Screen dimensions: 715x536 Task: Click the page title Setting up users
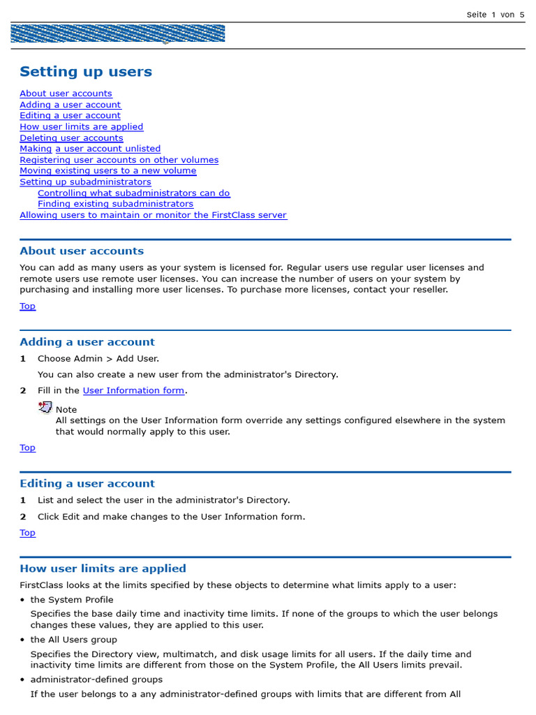pos(85,72)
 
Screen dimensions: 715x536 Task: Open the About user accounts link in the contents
pos(66,94)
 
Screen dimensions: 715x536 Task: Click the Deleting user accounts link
pos(71,138)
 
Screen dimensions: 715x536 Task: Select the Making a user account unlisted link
pos(90,149)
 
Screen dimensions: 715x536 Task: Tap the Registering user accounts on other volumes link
pos(119,160)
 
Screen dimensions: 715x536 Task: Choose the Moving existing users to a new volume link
pos(107,171)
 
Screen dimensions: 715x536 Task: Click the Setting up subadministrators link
pos(85,182)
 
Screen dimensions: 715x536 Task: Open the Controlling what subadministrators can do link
pos(133,193)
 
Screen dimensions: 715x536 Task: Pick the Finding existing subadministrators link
pos(115,204)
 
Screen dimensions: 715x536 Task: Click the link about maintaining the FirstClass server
pos(153,215)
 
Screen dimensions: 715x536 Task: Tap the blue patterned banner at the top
pos(118,34)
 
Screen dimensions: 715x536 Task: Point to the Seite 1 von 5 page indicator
pos(495,15)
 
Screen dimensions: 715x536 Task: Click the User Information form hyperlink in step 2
pos(133,391)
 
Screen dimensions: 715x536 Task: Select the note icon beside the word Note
pos(45,408)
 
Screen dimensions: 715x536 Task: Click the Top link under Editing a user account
pos(27,533)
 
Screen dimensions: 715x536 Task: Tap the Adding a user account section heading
pos(87,342)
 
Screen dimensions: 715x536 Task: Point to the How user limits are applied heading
pos(103,568)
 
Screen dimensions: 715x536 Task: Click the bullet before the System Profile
pos(22,600)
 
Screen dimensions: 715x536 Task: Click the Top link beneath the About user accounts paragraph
pos(27,307)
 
